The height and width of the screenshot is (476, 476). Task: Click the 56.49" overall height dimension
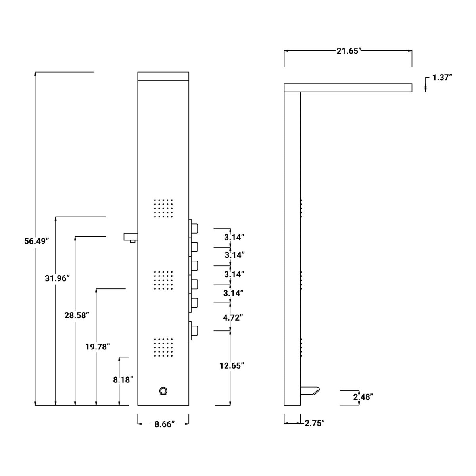(36, 241)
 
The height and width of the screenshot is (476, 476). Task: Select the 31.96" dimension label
(57, 278)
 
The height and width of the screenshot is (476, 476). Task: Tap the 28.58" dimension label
(77, 315)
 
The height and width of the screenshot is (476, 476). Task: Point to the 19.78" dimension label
(98, 347)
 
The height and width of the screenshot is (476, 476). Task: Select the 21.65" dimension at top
(348, 51)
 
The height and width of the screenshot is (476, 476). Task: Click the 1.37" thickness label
(442, 77)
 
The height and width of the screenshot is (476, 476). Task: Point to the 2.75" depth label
(315, 424)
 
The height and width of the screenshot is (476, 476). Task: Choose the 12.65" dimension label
(231, 365)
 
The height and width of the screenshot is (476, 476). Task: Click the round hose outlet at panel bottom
(163, 391)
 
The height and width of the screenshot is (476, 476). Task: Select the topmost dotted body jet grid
(163, 208)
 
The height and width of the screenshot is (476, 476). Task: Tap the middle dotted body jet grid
(163, 280)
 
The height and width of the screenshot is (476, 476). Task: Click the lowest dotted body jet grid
(163, 348)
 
